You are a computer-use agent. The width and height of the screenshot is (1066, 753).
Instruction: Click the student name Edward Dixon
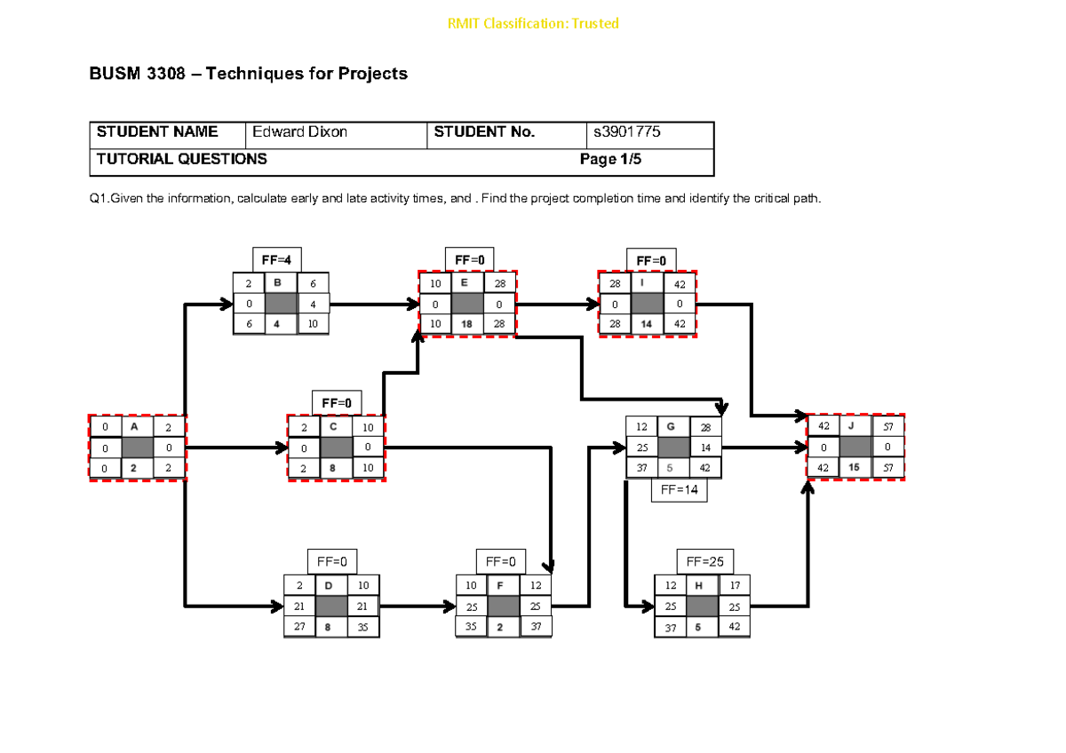pos(299,132)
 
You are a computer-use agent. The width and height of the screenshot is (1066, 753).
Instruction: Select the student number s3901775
pos(627,132)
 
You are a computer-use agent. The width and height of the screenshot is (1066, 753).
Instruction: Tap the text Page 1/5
pos(610,159)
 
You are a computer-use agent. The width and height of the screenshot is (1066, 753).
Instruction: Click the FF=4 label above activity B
pos(276,259)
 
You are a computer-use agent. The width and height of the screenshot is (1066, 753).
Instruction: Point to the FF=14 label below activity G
pos(679,489)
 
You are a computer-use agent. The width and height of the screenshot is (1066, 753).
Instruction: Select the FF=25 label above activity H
pos(705,562)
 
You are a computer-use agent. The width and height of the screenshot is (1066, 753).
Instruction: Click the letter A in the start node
pos(134,426)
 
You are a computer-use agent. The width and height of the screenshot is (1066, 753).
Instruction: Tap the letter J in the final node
pos(853,426)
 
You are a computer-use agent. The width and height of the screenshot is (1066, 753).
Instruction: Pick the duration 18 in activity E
pos(466,324)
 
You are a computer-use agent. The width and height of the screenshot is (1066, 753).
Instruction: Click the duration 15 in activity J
pos(854,467)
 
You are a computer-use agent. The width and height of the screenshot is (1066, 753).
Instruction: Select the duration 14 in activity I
pos(647,324)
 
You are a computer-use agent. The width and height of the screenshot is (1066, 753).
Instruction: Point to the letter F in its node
pos(501,586)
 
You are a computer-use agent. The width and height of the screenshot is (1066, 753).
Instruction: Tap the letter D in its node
pos(330,586)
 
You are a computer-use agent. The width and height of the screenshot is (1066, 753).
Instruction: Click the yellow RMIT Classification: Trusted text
pos(533,23)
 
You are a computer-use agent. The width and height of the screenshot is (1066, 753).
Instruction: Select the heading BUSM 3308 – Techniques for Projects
pos(248,74)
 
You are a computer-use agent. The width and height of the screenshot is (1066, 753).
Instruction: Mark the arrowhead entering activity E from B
pos(413,305)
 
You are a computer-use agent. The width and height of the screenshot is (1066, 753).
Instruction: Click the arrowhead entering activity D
pos(277,606)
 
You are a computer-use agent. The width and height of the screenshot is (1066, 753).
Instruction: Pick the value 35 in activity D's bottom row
pos(362,627)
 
